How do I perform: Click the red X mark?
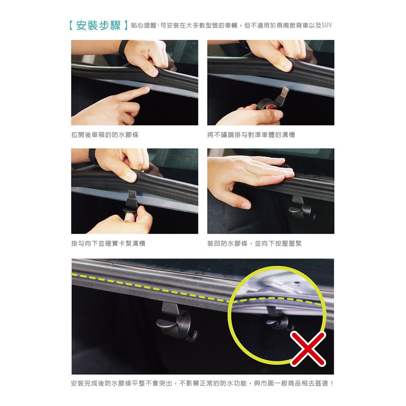(x=308, y=349)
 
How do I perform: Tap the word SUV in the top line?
(x=327, y=25)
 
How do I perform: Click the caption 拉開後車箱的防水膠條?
(x=105, y=135)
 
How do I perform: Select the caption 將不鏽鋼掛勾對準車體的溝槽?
(x=251, y=135)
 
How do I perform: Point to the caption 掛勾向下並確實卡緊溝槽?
(x=108, y=243)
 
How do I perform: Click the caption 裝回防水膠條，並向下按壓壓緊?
(x=255, y=243)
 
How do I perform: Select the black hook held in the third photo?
(x=130, y=208)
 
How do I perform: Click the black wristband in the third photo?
(x=93, y=156)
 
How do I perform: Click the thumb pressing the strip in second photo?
(x=282, y=64)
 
